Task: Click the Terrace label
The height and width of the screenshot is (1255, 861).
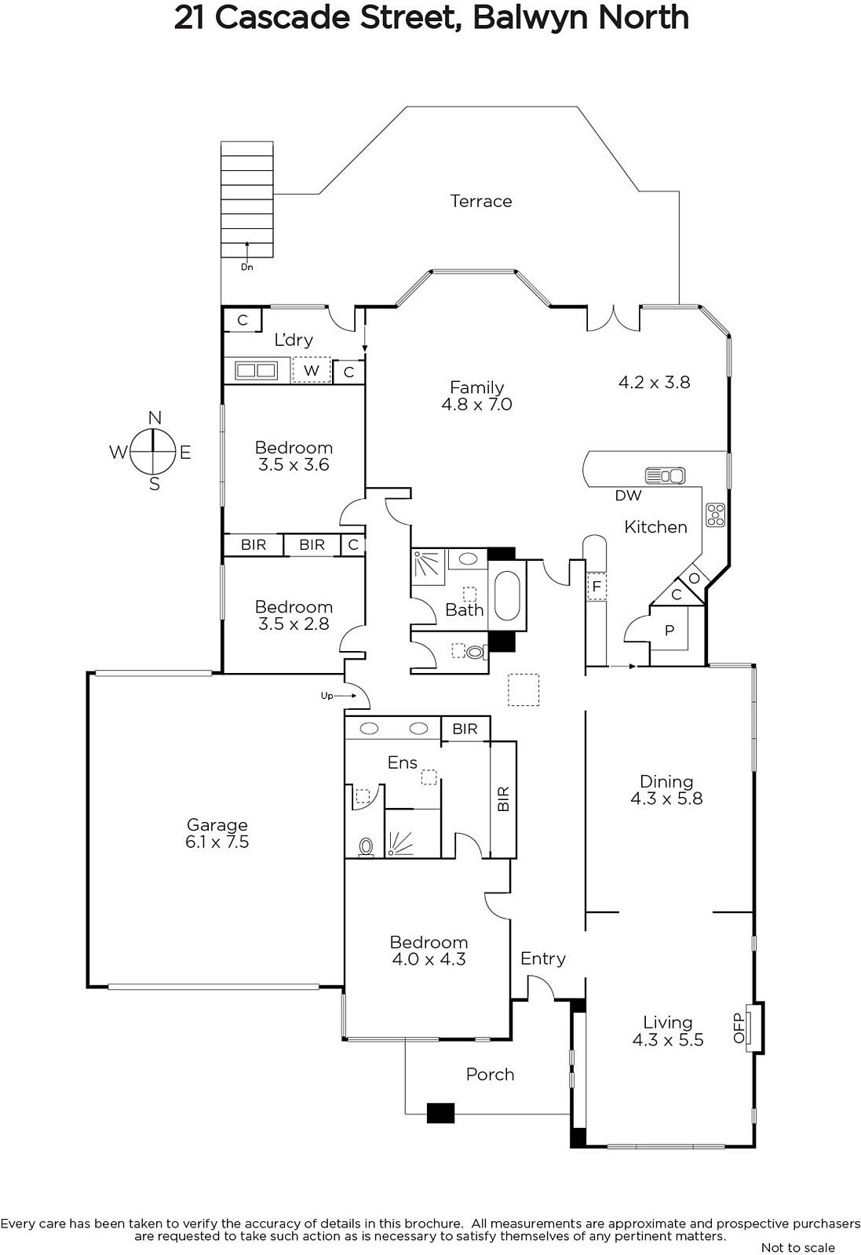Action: pos(481,201)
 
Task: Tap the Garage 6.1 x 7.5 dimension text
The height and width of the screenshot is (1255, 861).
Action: pos(217,842)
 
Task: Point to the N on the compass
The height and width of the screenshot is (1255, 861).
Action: pos(155,418)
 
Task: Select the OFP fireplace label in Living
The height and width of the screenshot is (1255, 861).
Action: pos(739,1028)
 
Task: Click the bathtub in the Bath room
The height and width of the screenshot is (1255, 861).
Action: pos(507,595)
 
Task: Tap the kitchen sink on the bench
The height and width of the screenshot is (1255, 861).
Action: pos(666,476)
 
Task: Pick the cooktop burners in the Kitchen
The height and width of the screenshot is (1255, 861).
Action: pos(716,515)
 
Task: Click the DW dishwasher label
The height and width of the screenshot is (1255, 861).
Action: pos(628,495)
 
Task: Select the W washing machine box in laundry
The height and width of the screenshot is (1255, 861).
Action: pos(311,370)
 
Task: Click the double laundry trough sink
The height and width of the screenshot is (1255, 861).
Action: pos(256,370)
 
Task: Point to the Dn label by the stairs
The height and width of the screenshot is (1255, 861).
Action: pos(247,267)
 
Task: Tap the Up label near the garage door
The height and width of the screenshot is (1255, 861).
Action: pos(327,696)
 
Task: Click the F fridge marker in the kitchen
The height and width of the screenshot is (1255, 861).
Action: pos(596,587)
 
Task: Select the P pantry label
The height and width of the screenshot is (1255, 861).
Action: pos(669,631)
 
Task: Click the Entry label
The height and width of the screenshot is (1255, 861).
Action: pos(542,959)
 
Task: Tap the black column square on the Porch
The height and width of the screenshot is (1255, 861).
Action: pos(440,1113)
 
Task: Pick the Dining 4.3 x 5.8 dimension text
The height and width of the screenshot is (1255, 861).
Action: pos(666,798)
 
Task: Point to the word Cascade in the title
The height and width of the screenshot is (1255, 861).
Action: pos(283,19)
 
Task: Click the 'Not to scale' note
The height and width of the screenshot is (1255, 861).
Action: pos(798,1246)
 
